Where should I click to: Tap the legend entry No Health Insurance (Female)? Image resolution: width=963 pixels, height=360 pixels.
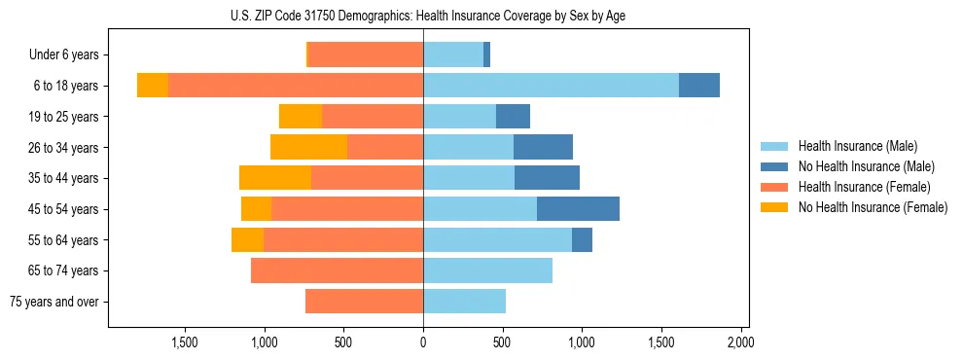873,207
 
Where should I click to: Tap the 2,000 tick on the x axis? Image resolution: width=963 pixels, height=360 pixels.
740,342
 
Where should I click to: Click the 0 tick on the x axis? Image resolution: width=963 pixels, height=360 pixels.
423,342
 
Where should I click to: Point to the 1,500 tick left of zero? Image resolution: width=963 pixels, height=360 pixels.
185,342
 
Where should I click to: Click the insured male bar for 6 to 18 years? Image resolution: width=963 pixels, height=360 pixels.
551,86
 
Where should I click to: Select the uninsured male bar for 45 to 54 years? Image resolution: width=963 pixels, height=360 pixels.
578,209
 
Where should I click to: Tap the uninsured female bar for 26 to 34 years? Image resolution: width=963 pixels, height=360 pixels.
308,147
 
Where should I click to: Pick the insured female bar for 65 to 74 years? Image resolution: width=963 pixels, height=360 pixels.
337,270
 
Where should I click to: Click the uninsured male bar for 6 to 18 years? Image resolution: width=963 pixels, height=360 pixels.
698,86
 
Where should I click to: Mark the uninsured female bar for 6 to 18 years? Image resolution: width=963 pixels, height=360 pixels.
153,86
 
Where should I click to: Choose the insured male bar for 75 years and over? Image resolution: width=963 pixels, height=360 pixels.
464,302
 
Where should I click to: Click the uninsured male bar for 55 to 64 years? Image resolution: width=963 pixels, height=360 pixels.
582,239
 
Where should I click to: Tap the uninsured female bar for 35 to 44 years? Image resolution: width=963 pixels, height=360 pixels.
275,178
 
